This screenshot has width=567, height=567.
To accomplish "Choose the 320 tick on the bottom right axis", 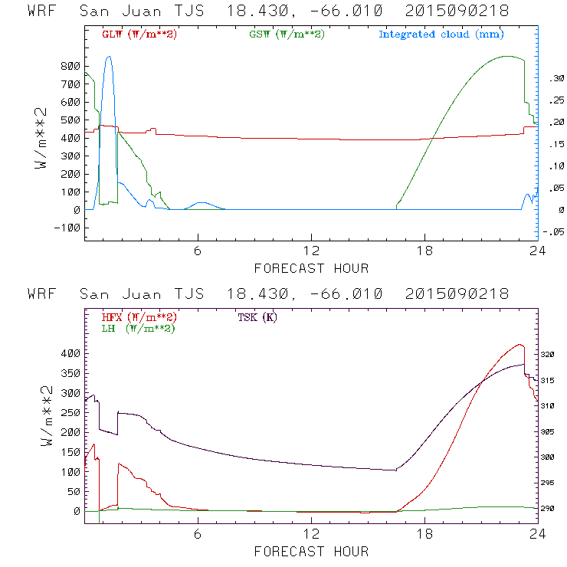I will (x=555, y=355).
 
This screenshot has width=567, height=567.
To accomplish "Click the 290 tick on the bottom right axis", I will (x=555, y=508).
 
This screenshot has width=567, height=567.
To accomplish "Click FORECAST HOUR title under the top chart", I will (x=311, y=267).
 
